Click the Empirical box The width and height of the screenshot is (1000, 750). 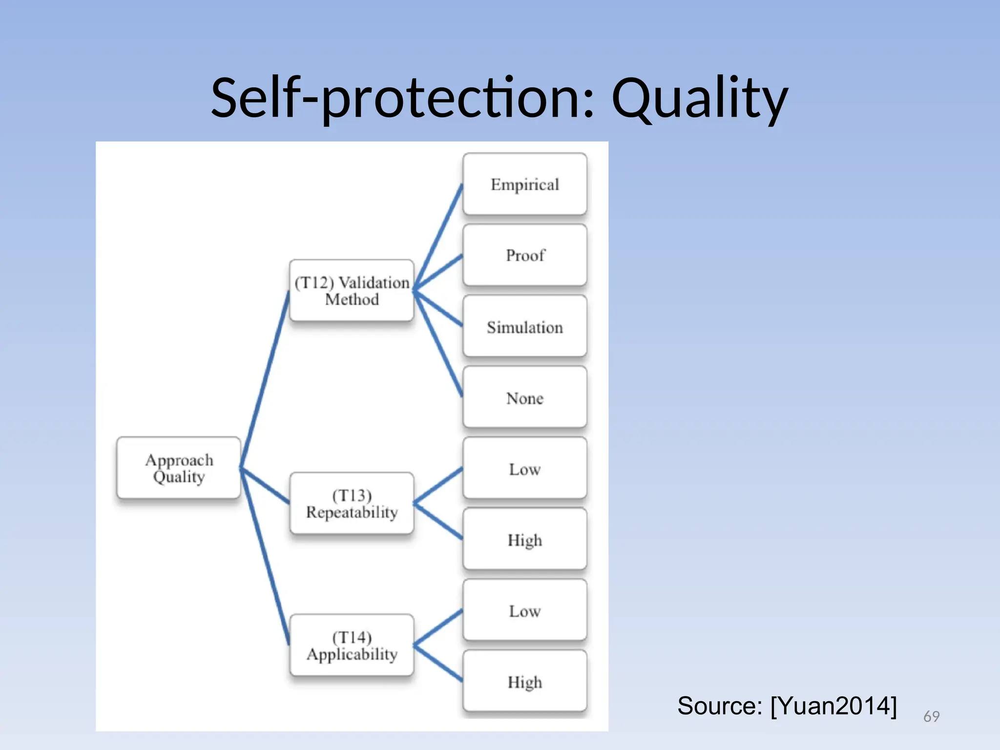pyautogui.click(x=524, y=184)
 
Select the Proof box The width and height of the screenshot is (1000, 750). pyautogui.click(x=524, y=255)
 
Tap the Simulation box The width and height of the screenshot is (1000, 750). pyautogui.click(x=524, y=326)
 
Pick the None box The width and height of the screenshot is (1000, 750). pyautogui.click(x=524, y=397)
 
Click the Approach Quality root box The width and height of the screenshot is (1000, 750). pyautogui.click(x=179, y=468)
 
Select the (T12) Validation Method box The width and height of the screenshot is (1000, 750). pyautogui.click(x=352, y=291)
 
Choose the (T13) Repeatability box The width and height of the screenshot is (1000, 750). pyautogui.click(x=352, y=503)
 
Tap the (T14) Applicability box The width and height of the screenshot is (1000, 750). pyautogui.click(x=352, y=645)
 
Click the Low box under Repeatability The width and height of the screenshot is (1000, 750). pyautogui.click(x=524, y=468)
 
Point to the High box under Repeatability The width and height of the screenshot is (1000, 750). pyautogui.click(x=524, y=539)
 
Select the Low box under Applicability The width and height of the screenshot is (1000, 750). pyautogui.click(x=524, y=610)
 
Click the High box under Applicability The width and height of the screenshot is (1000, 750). pyautogui.click(x=524, y=681)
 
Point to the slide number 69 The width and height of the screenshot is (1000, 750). pyautogui.click(x=931, y=716)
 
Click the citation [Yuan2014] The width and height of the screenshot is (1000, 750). pyautogui.click(x=833, y=706)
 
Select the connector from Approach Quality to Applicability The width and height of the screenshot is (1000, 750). pyautogui.click(x=265, y=557)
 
